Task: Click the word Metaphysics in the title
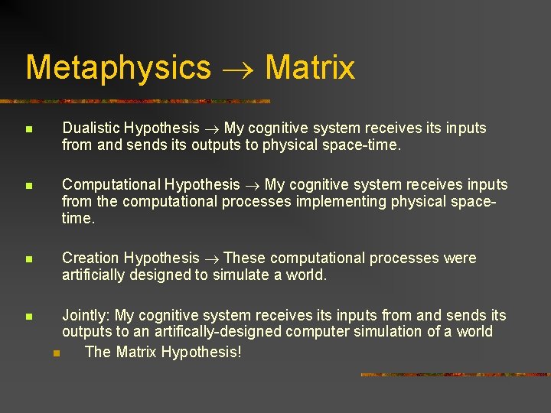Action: pyautogui.click(x=118, y=67)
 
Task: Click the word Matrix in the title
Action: pyautogui.click(x=310, y=67)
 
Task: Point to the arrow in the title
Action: pyautogui.click(x=237, y=69)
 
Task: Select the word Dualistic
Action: pyautogui.click(x=91, y=128)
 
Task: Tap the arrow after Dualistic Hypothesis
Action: pyautogui.click(x=211, y=128)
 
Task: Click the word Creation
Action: pyautogui.click(x=90, y=258)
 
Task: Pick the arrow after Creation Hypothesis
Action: pyautogui.click(x=211, y=259)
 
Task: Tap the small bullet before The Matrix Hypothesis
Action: pyautogui.click(x=56, y=353)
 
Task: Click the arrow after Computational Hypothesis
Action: pyautogui.click(x=252, y=185)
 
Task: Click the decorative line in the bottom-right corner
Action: pyautogui.click(x=455, y=375)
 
